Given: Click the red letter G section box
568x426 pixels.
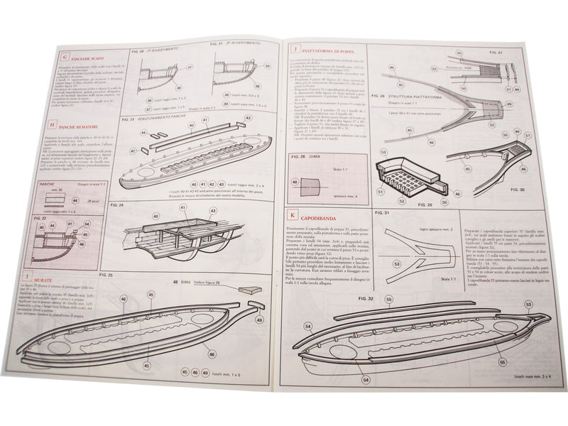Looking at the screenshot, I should tap(65, 56).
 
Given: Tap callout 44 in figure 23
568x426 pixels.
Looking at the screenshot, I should tap(143, 132).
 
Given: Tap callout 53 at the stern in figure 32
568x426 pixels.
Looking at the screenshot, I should tap(528, 305).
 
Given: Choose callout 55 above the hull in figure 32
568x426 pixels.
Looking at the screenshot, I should tap(388, 300).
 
